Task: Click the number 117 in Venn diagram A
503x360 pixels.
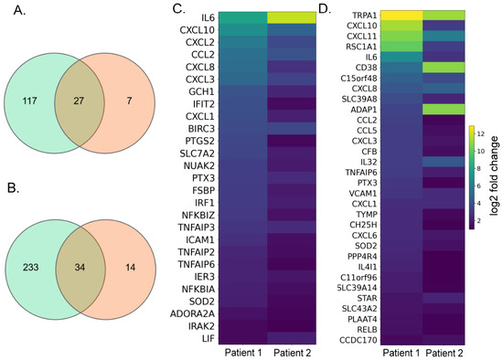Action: pos(30,101)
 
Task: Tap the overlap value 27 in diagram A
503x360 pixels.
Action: pos(79,101)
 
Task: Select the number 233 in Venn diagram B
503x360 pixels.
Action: pos(31,267)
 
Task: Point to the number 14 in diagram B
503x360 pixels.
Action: pos(130,267)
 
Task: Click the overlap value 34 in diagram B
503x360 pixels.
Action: pos(80,267)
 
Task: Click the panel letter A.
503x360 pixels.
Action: pos(19,11)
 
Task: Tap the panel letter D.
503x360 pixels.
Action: pos(325,10)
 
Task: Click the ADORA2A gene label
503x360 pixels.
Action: pos(192,313)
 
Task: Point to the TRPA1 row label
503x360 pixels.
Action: pos(365,16)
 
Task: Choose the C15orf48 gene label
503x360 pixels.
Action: pos(359,79)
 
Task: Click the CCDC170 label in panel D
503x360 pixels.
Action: pos(360,340)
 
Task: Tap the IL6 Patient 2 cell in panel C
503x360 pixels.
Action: pos(292,17)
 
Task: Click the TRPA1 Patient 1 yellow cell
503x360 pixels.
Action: pos(401,15)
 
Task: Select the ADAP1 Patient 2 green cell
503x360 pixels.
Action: pos(444,109)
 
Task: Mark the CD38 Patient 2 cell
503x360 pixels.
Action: pos(444,68)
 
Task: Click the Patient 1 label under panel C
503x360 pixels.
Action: pos(243,353)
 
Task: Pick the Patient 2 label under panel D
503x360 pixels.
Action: pos(444,354)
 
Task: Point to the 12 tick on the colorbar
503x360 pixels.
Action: pos(480,134)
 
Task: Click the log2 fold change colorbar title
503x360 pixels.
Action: pos(495,175)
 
